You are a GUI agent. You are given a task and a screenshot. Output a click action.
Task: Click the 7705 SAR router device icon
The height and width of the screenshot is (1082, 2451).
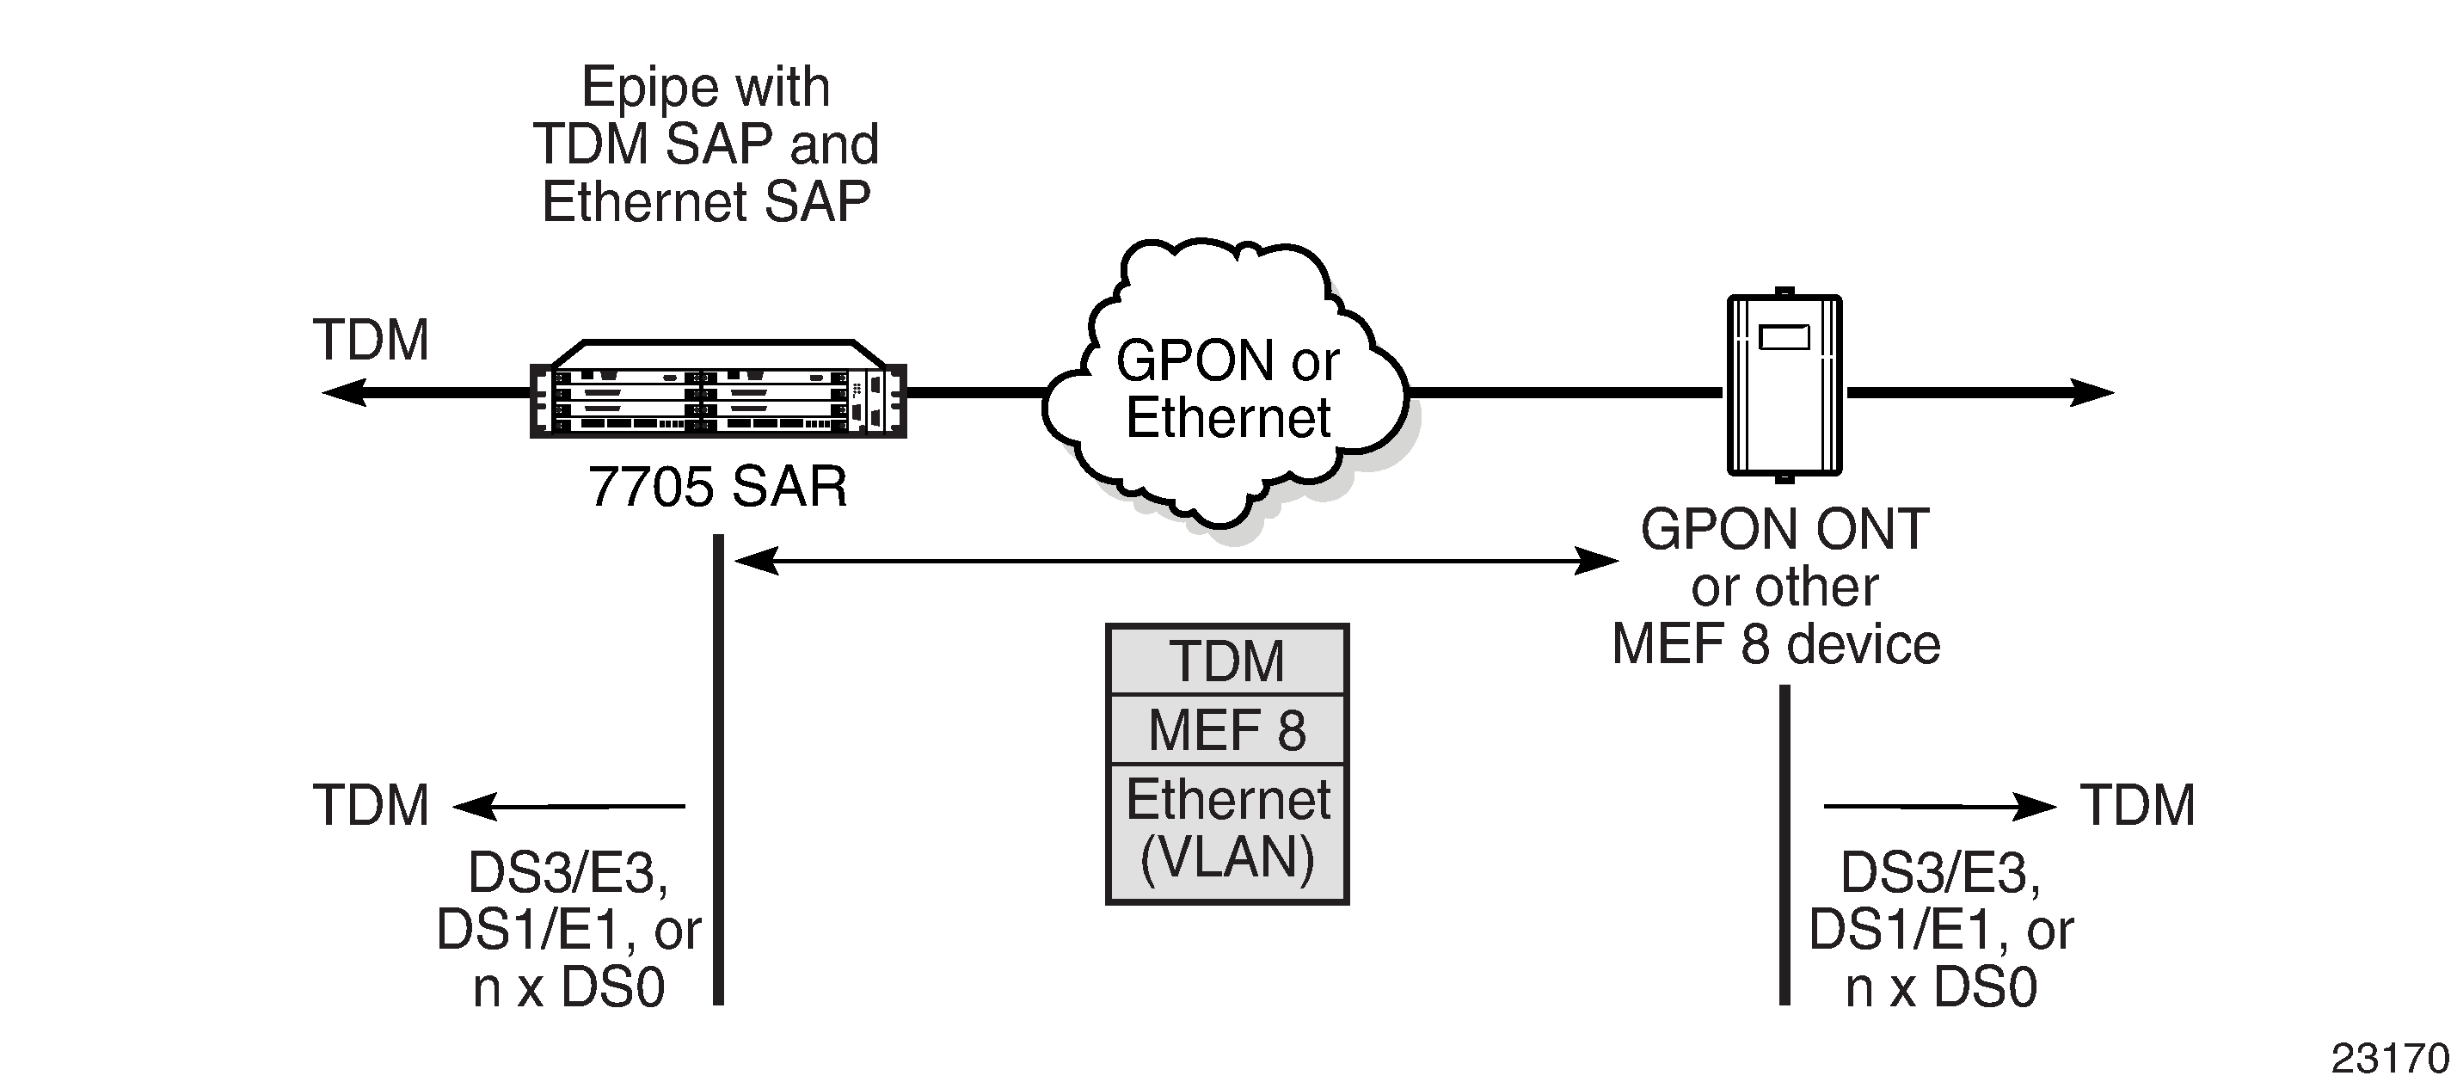point(718,390)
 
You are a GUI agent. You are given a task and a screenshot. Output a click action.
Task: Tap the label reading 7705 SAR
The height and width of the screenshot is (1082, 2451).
point(718,487)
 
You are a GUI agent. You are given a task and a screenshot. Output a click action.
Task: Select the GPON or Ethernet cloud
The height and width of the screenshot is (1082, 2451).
point(1227,390)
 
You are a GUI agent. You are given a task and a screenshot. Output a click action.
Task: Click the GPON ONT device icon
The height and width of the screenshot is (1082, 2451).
point(1784,385)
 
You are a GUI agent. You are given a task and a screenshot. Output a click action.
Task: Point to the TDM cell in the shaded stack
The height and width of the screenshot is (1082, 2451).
point(1226,661)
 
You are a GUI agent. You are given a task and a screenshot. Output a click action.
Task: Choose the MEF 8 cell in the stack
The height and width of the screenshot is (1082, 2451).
point(1226,730)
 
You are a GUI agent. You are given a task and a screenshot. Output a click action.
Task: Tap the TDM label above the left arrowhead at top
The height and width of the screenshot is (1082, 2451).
point(371,340)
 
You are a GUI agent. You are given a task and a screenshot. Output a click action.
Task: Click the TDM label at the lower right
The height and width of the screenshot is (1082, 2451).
point(2137,805)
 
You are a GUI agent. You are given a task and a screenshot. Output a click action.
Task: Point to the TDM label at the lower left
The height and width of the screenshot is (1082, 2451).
point(371,805)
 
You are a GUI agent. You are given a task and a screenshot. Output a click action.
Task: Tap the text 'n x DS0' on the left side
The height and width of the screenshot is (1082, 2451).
point(568,987)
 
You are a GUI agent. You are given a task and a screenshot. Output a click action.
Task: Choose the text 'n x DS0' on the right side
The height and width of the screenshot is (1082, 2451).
point(1941,987)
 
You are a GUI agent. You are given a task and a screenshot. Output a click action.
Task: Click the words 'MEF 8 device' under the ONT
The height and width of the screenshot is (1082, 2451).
point(1775,644)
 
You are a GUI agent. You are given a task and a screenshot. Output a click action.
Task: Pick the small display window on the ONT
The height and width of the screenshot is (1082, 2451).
point(1784,338)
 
